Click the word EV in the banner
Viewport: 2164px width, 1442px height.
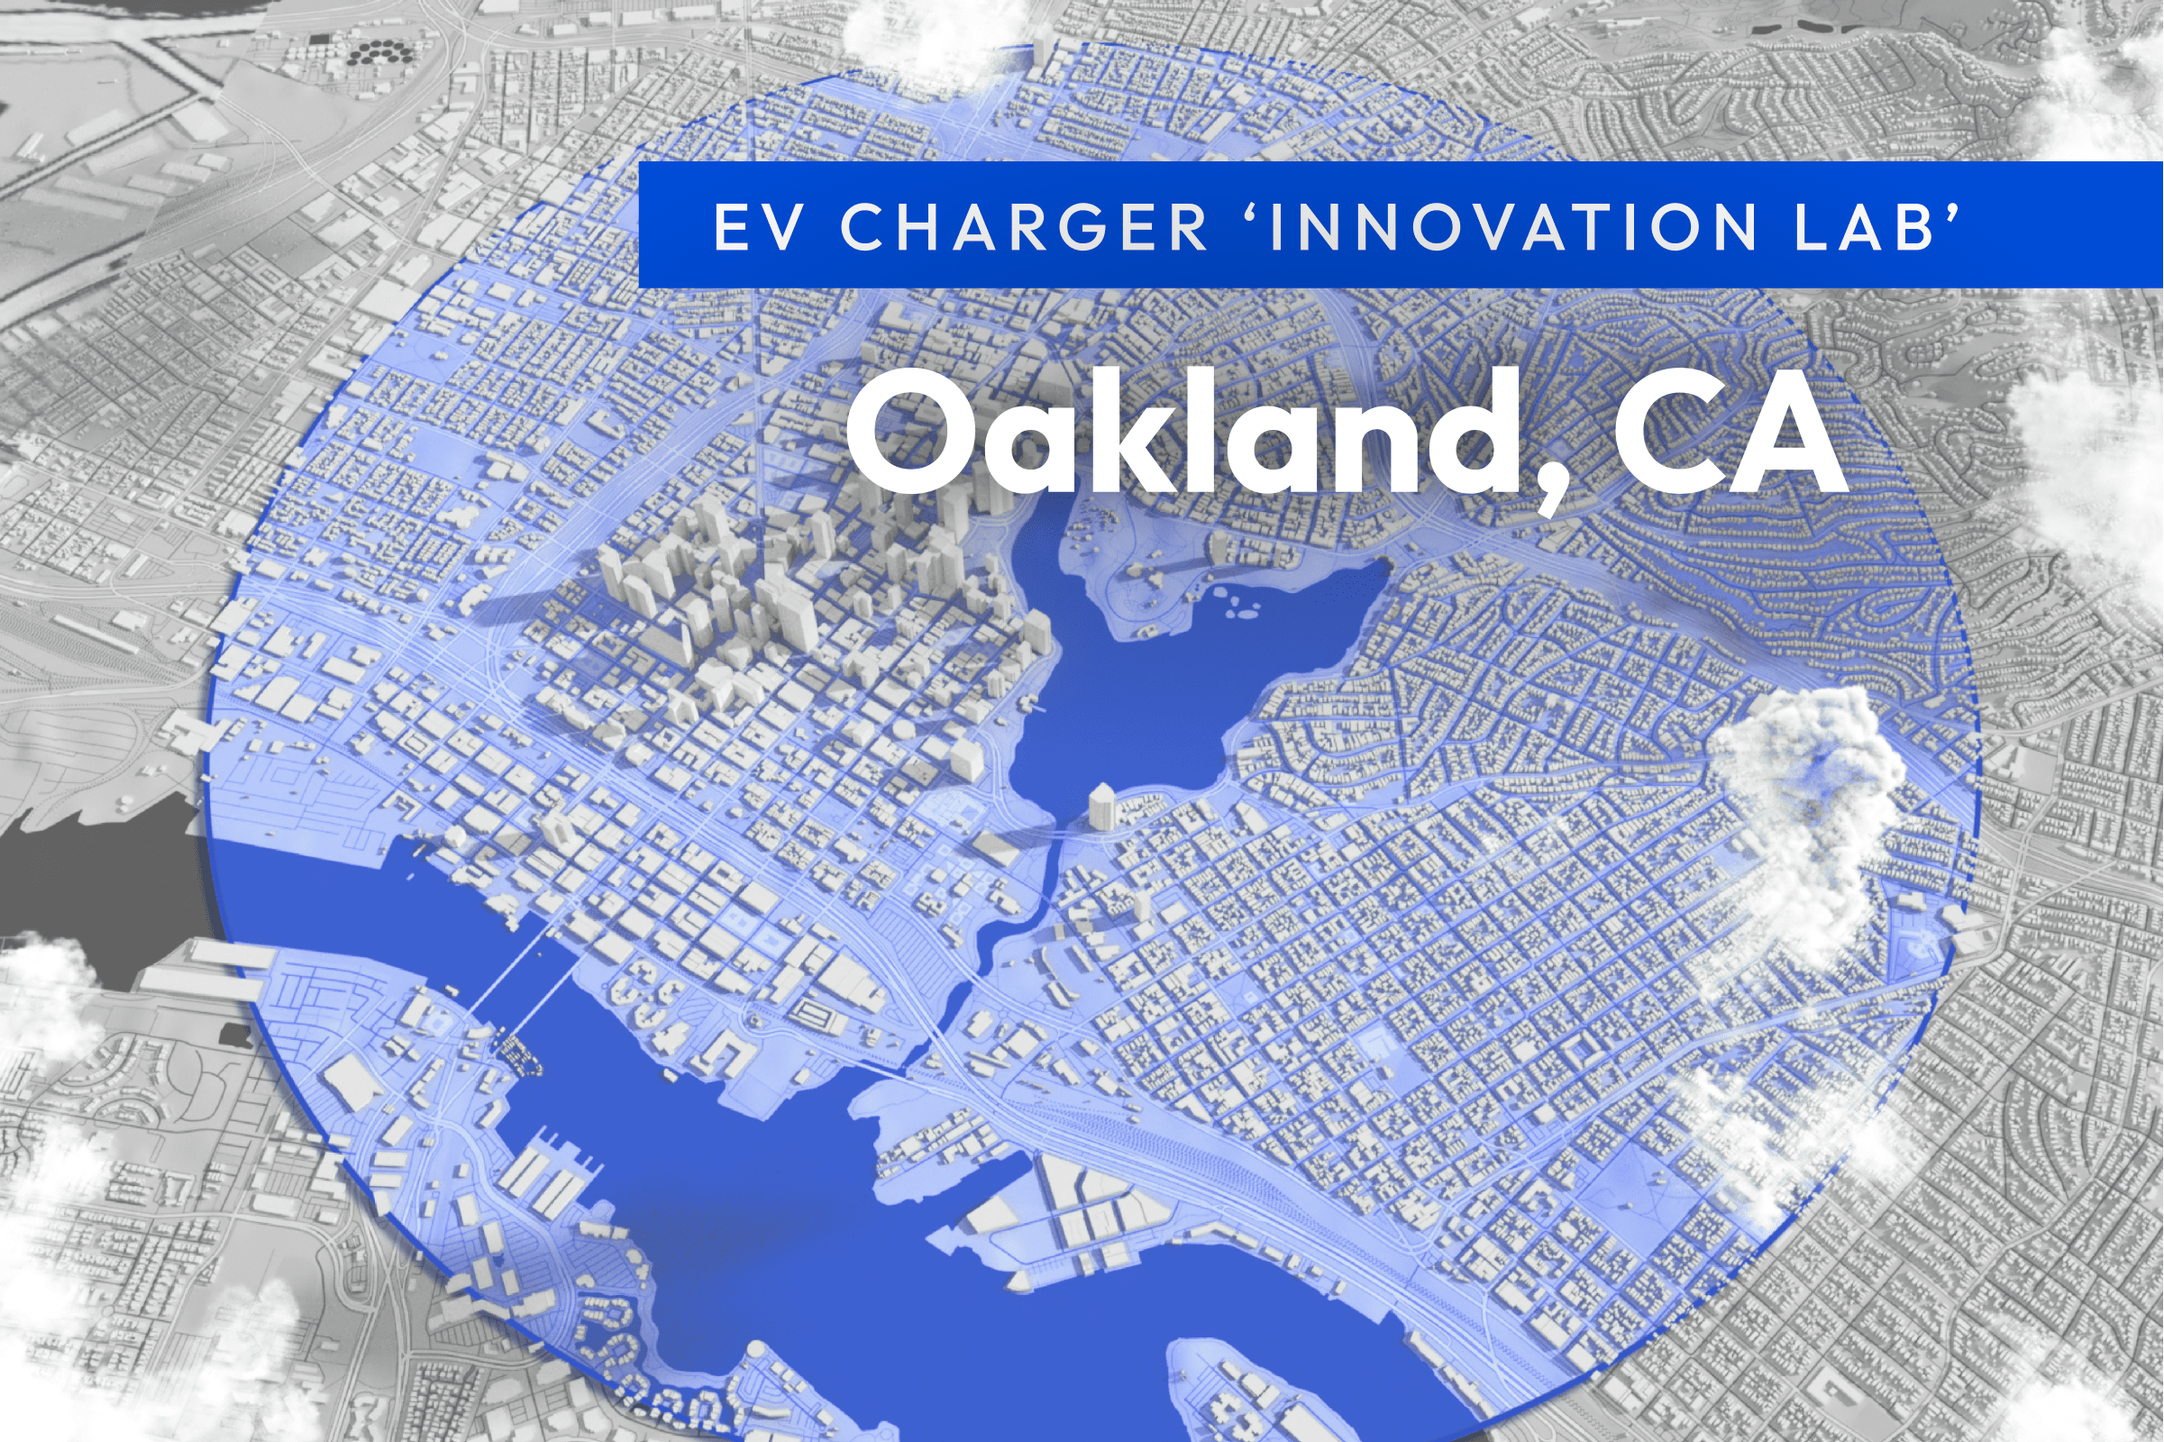click(x=758, y=226)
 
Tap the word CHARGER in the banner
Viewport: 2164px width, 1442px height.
click(x=1024, y=226)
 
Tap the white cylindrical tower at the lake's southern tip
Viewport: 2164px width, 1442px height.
click(x=1101, y=807)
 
